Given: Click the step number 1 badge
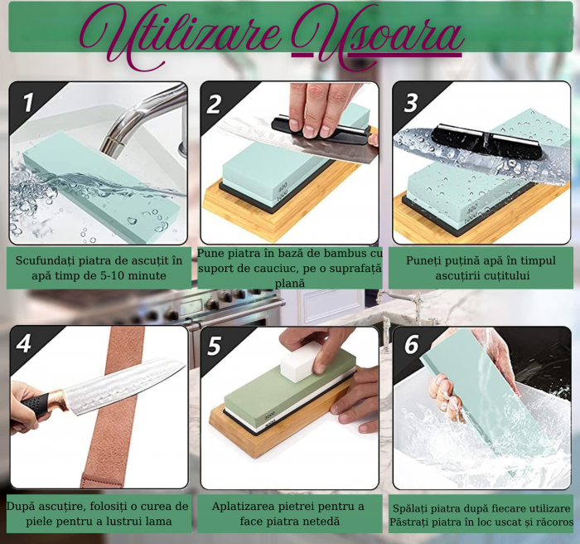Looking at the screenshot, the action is click(28, 102).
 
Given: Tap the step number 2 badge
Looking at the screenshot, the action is click(214, 104).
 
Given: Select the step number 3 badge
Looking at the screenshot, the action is click(411, 103).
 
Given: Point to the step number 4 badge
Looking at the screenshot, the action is click(24, 344).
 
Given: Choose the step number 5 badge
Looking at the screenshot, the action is click(215, 347).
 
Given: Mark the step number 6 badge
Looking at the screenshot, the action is click(411, 345).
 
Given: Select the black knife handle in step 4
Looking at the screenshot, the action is click(35, 405).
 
